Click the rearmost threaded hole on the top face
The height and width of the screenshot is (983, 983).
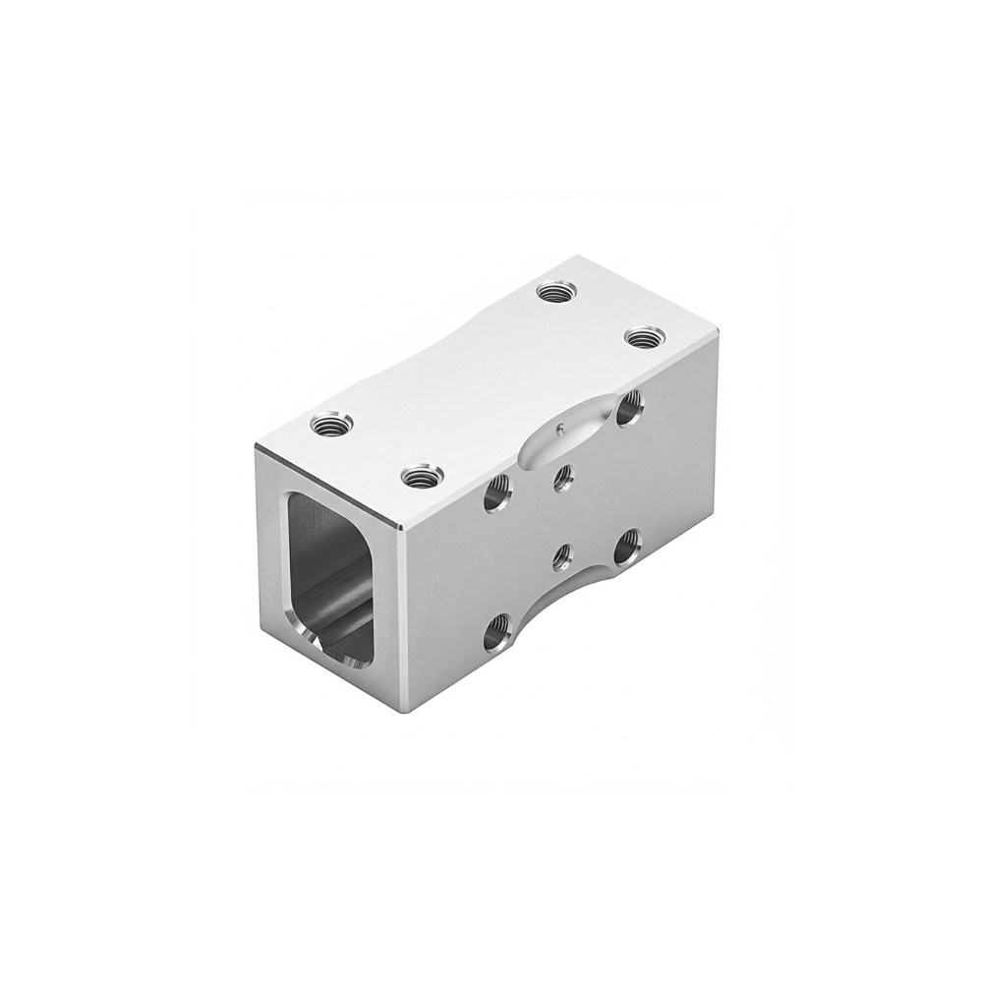point(556,291)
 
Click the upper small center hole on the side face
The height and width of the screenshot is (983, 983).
point(563,477)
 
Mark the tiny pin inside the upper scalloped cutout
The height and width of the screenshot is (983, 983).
point(558,429)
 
